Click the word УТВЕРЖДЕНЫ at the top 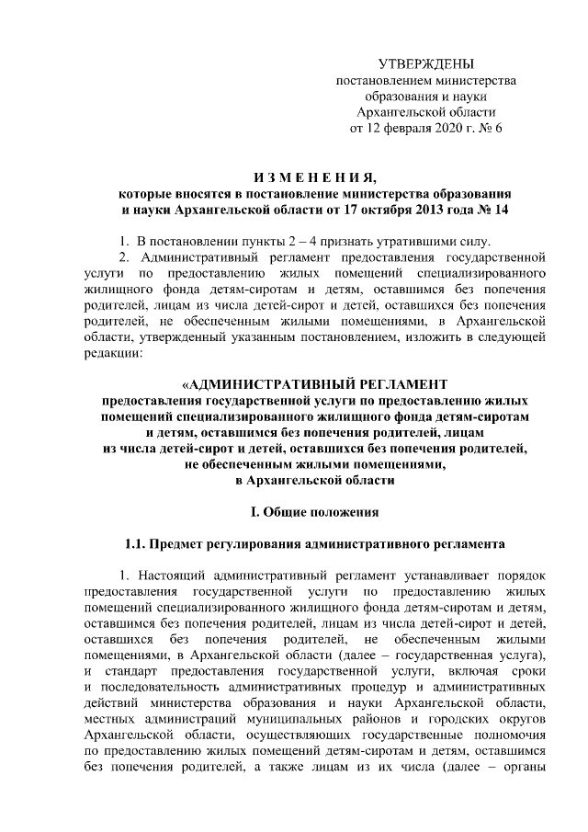coord(426,64)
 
